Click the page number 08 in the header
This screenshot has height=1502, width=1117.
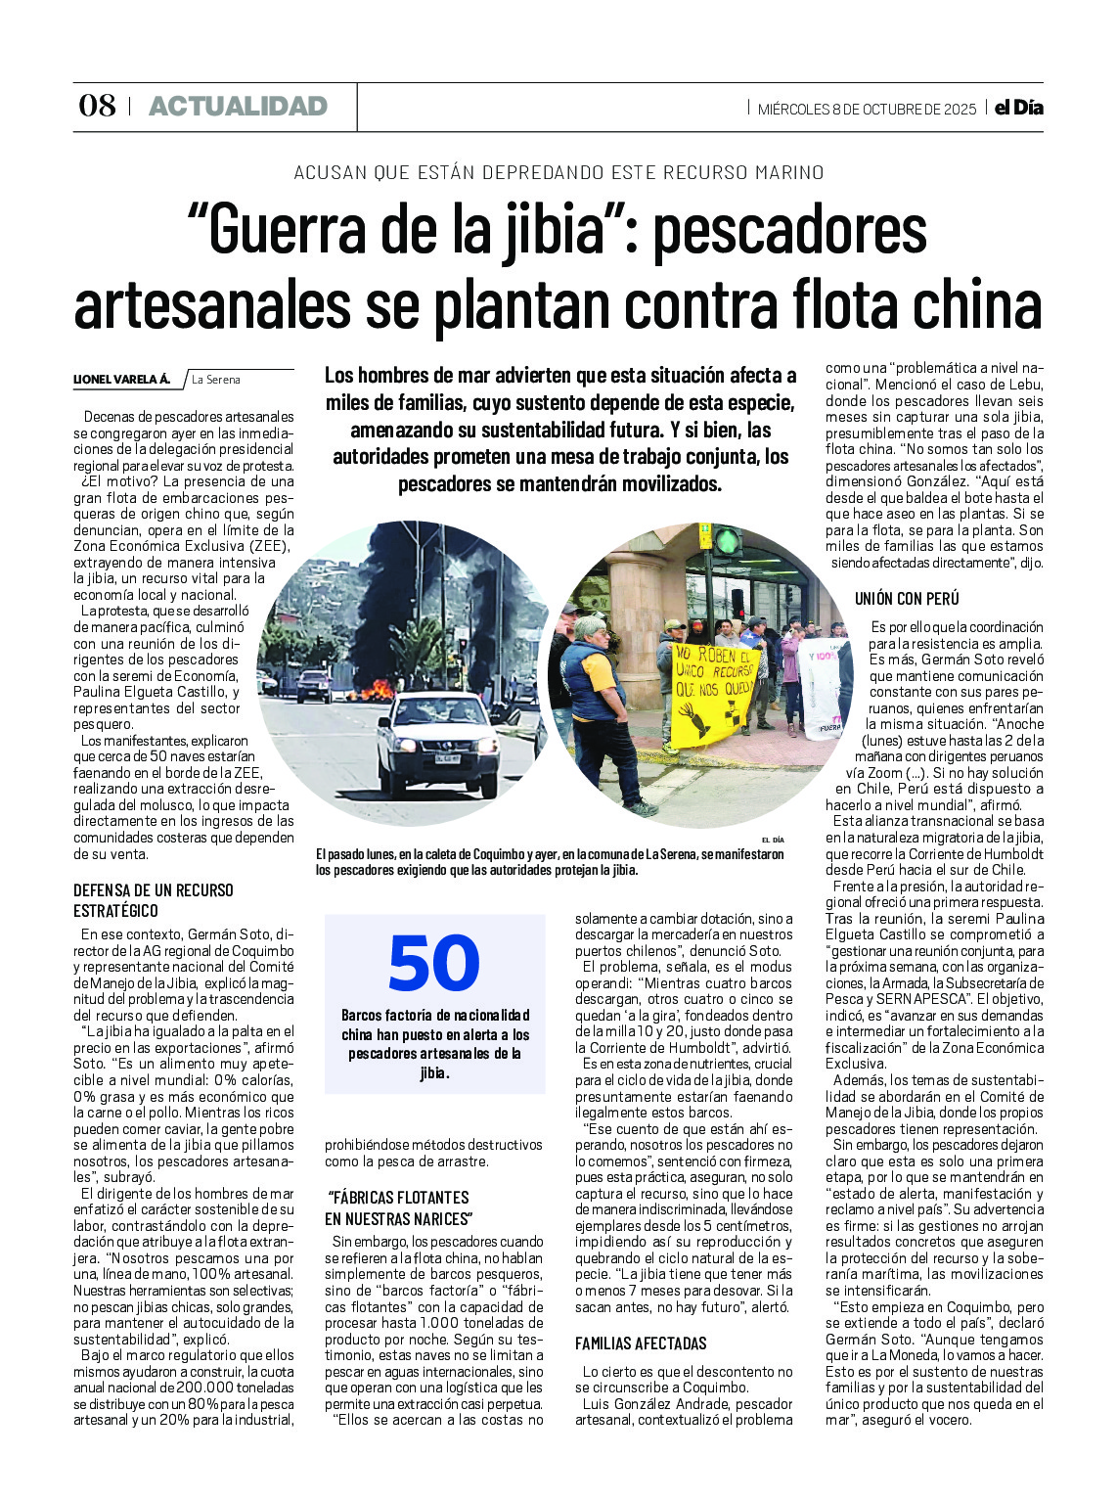coord(97,106)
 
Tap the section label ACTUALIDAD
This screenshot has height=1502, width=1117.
coord(238,106)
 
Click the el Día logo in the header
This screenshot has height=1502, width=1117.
coord(1018,108)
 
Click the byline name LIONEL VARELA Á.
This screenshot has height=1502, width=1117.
coord(122,380)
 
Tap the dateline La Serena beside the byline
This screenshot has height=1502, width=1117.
coord(216,380)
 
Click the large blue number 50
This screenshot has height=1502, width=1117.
coord(433,964)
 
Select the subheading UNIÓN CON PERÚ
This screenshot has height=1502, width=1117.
coord(907,598)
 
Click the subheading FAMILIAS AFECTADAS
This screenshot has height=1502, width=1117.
coord(641,1343)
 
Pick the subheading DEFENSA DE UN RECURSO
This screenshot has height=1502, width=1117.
coord(154,889)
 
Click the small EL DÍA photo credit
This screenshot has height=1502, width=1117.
coord(772,840)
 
